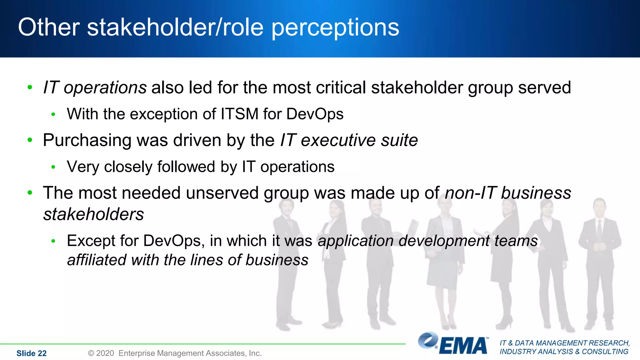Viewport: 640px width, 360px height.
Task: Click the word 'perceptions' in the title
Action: pos(335,27)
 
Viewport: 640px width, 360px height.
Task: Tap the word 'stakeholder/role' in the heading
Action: pos(175,27)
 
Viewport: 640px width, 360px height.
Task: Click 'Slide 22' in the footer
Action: pos(31,353)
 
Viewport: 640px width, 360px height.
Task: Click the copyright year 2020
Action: pos(105,353)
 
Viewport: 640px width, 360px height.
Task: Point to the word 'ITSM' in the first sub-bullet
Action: pos(239,114)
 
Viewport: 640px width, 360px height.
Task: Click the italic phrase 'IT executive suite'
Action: pos(349,140)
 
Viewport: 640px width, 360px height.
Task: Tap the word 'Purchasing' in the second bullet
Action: pos(87,141)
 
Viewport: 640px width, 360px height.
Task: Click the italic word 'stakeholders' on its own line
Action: pos(93,214)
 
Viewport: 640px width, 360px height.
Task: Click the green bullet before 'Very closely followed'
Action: pos(53,167)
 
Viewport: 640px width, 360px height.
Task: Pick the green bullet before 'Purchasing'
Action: pos(30,140)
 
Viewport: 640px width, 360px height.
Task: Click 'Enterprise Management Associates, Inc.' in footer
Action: pos(190,353)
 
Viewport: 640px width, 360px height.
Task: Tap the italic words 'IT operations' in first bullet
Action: pos(95,87)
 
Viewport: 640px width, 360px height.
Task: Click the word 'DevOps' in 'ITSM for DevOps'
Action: pos(315,114)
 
